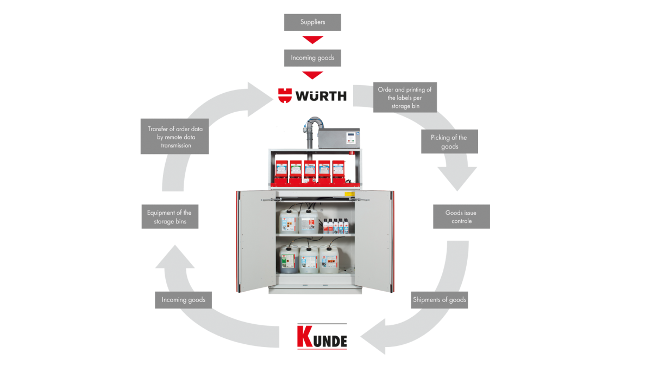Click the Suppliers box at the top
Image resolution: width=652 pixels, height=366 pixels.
312,22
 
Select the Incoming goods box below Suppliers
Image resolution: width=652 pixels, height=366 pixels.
312,58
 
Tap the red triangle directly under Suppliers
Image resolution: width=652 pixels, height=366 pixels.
312,40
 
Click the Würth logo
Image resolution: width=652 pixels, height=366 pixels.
312,96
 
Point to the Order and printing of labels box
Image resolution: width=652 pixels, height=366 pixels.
405,98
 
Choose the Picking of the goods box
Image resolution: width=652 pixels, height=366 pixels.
450,142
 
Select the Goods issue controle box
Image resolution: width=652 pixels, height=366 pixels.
461,217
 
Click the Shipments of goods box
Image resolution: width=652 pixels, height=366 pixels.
439,300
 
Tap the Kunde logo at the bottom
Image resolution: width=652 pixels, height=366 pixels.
322,337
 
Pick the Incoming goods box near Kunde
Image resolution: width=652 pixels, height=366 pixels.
183,300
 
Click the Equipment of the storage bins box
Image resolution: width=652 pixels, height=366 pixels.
170,217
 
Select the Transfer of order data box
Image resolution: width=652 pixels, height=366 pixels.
174,137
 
